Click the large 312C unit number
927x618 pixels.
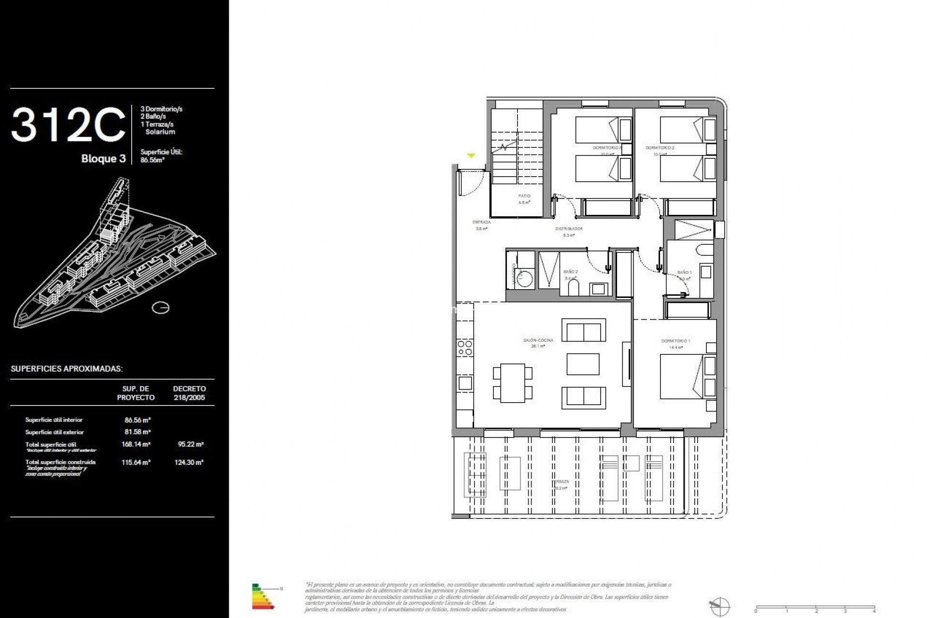pos(68,125)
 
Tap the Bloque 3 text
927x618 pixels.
pos(103,159)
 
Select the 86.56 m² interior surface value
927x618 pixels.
pos(138,420)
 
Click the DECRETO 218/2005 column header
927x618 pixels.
pos(189,393)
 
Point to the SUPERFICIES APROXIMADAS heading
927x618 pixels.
pos(67,369)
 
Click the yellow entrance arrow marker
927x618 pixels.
pos(471,155)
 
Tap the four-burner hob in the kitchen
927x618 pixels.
pos(465,348)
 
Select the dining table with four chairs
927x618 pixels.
pos(513,383)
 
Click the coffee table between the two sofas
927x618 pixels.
pos(583,364)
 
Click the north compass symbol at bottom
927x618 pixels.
pos(719,606)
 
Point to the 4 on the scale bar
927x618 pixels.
pos(874,611)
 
